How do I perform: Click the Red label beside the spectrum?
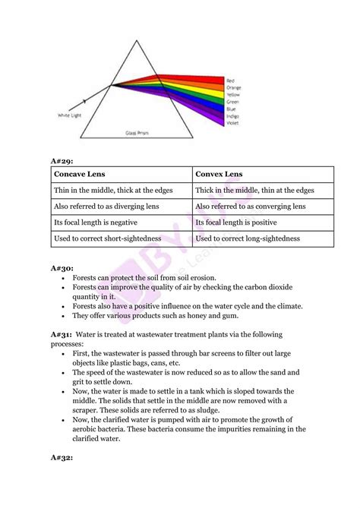[231, 79]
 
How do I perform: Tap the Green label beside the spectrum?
[232, 101]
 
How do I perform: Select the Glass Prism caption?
[137, 132]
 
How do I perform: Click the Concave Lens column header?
[80, 174]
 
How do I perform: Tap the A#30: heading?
[62, 268]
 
